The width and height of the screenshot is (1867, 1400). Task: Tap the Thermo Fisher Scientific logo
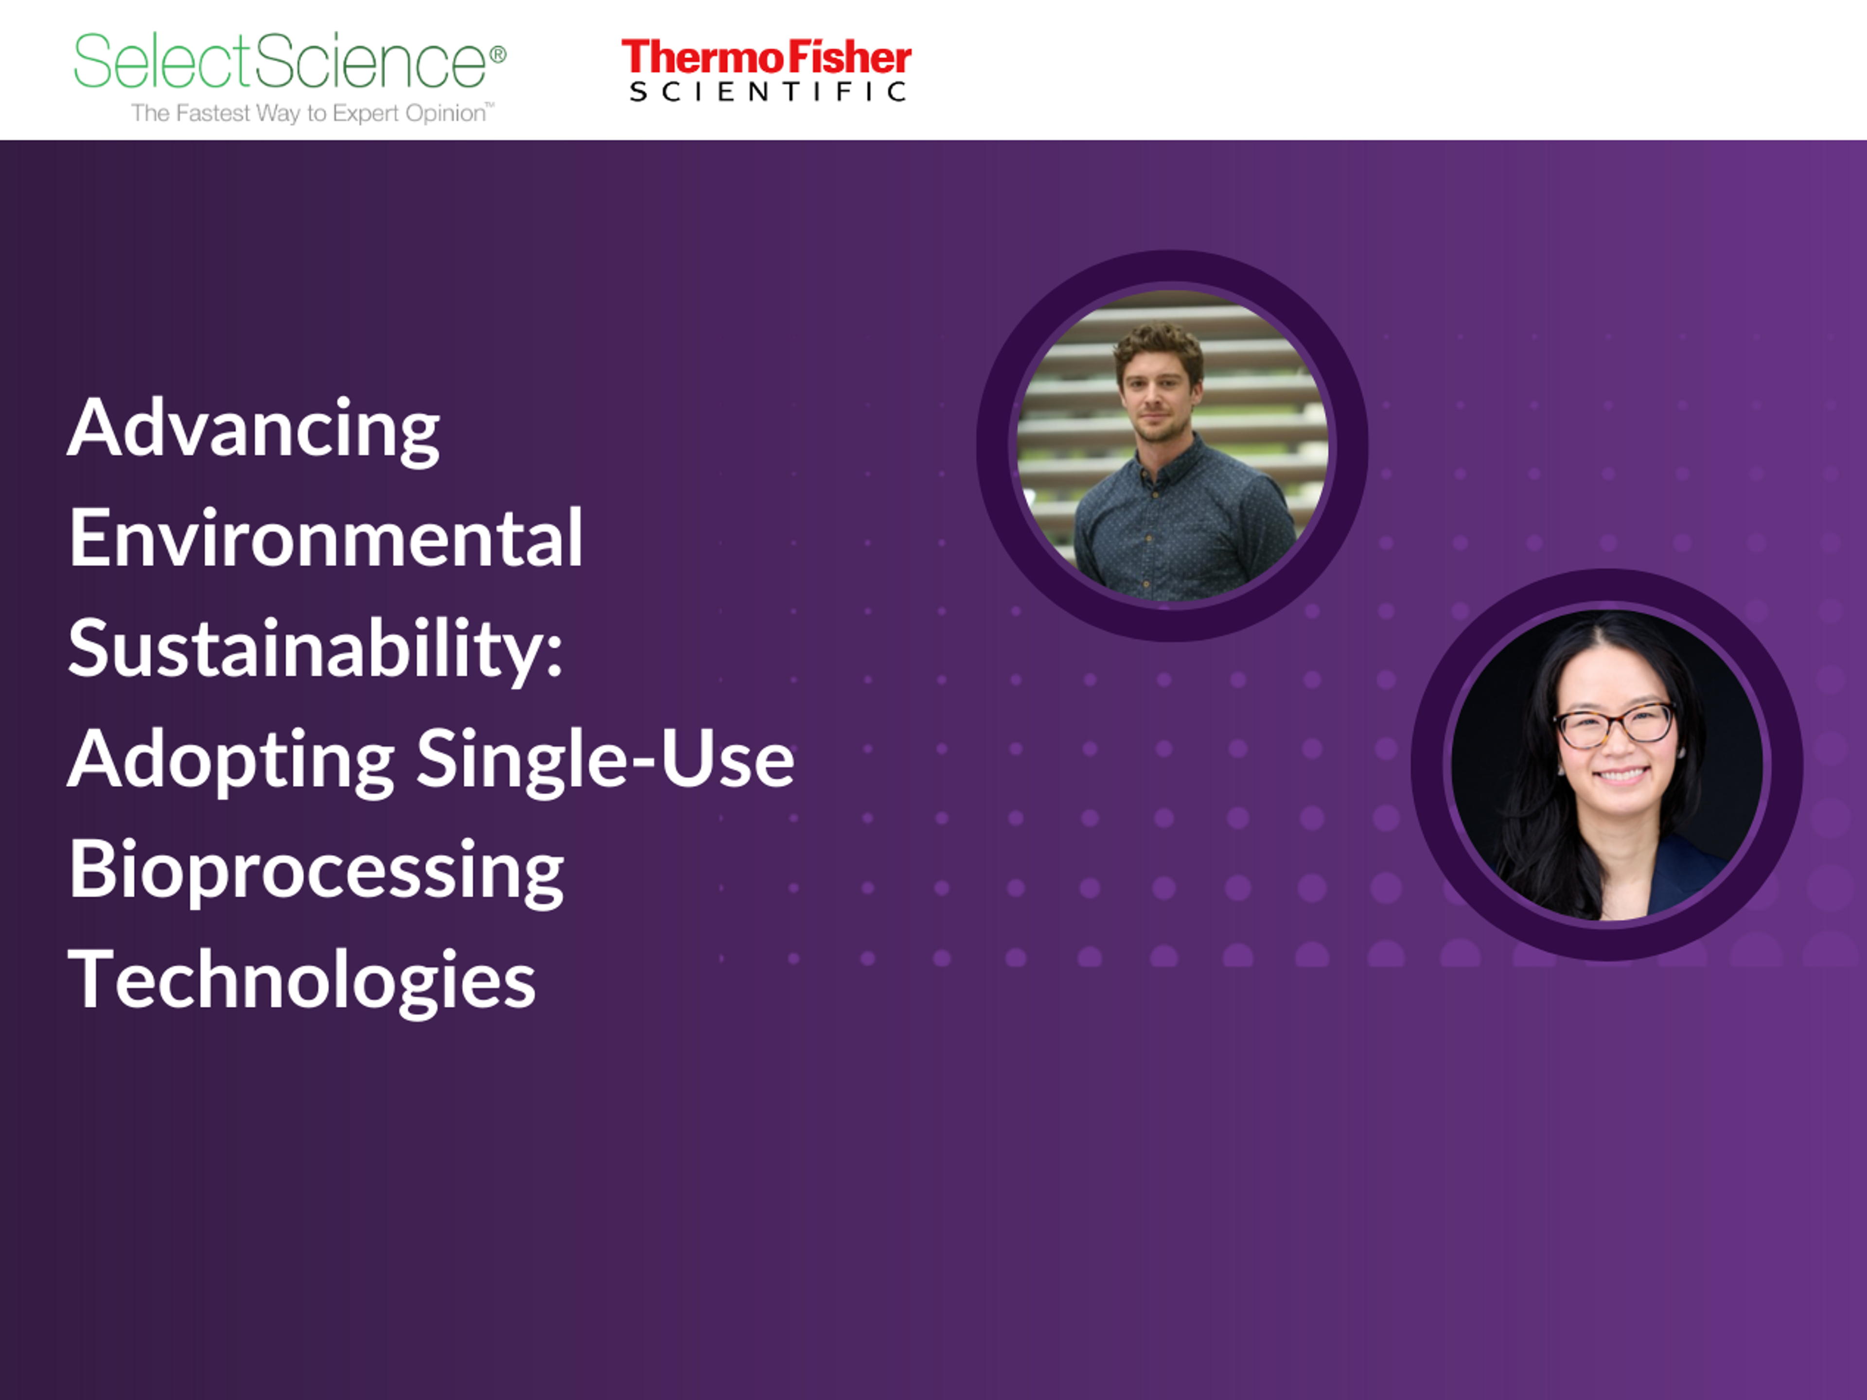coord(766,70)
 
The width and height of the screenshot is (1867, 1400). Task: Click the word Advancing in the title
coord(253,429)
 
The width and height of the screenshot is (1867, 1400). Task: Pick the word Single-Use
coord(605,759)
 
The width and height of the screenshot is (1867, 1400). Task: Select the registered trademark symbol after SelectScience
coord(498,55)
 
